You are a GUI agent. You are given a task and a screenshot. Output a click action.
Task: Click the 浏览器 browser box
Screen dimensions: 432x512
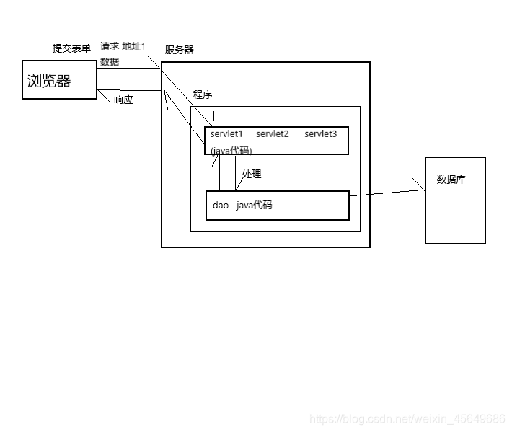pos(60,79)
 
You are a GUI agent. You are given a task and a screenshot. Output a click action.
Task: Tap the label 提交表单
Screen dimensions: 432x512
pos(71,48)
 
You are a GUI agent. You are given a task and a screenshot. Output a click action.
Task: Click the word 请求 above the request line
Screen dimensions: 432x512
pos(110,46)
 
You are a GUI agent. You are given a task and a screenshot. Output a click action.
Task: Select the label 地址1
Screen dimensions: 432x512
pos(133,46)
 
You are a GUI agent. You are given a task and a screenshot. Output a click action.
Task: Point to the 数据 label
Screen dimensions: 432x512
pos(110,62)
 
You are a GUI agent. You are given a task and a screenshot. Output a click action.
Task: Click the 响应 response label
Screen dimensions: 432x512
pos(123,100)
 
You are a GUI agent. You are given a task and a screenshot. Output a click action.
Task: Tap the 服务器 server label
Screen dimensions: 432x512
pos(179,50)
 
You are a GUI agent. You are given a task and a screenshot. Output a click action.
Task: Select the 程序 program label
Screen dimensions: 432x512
pos(203,94)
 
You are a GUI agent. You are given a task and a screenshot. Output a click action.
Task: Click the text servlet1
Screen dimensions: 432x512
pos(226,134)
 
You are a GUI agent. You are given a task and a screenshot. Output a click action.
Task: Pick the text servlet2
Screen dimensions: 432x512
pos(272,134)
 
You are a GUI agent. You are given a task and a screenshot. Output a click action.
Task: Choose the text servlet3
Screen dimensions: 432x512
pos(320,134)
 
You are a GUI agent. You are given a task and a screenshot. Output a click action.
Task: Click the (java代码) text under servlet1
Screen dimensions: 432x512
pos(231,150)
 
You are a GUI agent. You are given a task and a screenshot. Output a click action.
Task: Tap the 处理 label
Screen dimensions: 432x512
pos(252,174)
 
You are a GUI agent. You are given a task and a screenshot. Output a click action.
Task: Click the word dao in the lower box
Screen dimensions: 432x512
pos(221,206)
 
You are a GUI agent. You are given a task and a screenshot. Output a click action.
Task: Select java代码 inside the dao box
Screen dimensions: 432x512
pos(254,206)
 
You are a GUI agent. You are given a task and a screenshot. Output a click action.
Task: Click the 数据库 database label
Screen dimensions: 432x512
pos(451,180)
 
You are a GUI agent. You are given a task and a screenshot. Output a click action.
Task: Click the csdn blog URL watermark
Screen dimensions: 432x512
pos(407,419)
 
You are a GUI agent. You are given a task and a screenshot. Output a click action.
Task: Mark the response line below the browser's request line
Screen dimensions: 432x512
pos(130,91)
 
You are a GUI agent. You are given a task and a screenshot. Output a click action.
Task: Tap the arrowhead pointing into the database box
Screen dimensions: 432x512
pos(421,190)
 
